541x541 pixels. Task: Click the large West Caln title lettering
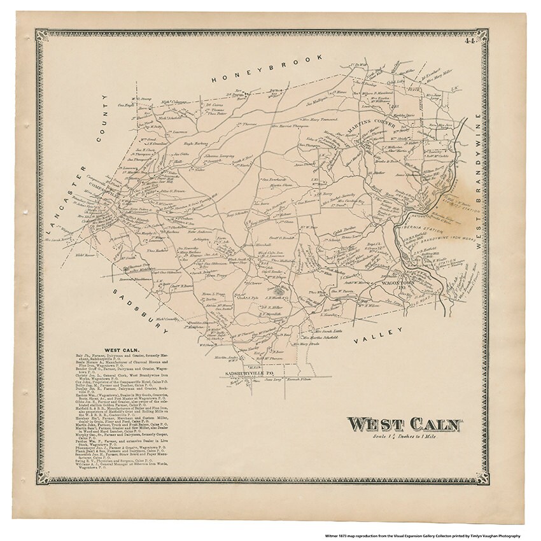tap(405, 424)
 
